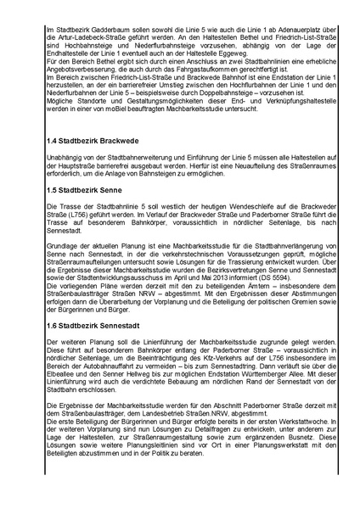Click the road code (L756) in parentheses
pos(70,217)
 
